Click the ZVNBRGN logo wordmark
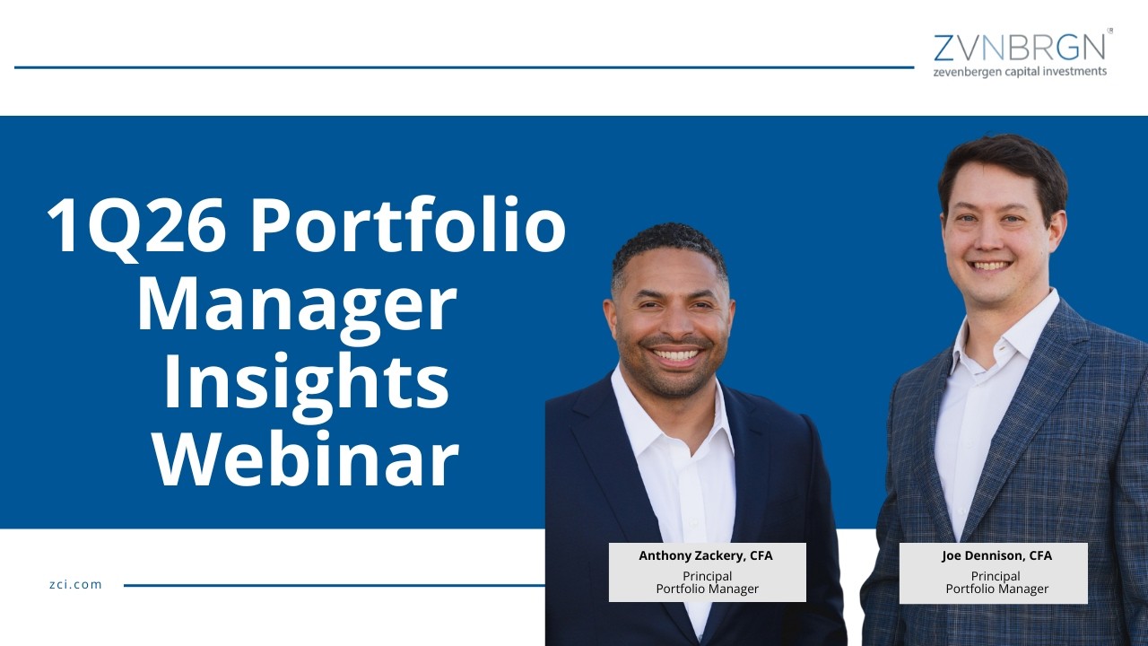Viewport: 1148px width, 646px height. click(1019, 47)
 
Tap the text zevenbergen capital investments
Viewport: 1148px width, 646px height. click(1020, 72)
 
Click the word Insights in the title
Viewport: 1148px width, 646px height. click(306, 382)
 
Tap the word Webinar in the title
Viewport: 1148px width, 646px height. click(306, 460)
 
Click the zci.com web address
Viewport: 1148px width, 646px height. click(75, 584)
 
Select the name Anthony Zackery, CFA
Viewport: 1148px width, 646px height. click(706, 555)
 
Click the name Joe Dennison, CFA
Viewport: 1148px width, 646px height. click(996, 555)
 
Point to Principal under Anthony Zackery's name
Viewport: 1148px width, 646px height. click(707, 576)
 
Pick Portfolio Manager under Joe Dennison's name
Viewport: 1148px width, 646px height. click(996, 589)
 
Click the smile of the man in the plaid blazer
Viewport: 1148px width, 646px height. click(991, 266)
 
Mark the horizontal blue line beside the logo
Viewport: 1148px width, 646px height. click(464, 67)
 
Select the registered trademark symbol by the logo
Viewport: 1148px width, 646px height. click(1110, 31)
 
